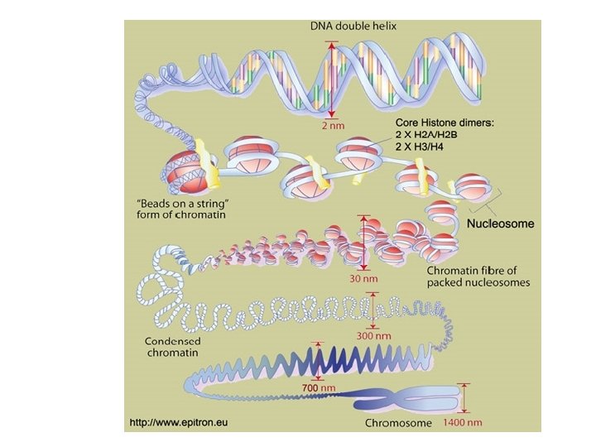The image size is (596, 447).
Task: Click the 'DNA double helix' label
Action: point(353,26)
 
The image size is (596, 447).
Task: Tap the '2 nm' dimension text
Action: point(334,127)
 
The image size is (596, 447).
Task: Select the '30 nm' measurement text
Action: point(362,279)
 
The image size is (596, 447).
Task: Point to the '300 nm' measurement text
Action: point(373,335)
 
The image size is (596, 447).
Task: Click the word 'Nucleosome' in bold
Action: point(501,223)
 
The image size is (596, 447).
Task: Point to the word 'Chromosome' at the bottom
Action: point(398,424)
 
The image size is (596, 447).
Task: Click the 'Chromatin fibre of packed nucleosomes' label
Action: point(478,276)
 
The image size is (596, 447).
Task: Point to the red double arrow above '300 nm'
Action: point(374,310)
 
